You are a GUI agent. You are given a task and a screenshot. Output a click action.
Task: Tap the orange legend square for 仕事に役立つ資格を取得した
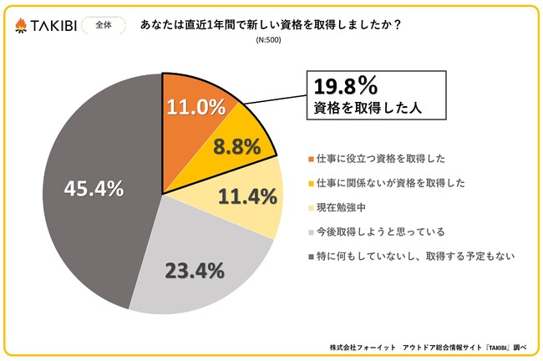[x=312, y=158]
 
